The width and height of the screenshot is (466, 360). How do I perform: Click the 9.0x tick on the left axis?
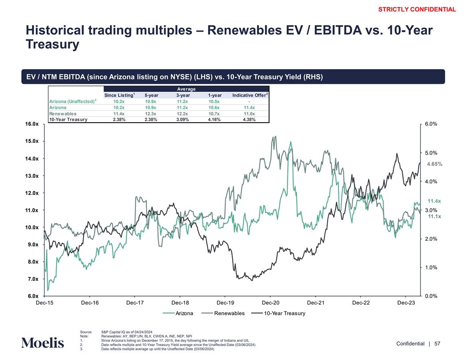point(33,244)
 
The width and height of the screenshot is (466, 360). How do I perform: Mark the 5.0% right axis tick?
point(431,153)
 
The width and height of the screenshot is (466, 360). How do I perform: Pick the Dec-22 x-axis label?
point(361,303)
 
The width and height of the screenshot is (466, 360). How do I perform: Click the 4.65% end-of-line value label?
point(434,164)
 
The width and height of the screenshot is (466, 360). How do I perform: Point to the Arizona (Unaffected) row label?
point(72,101)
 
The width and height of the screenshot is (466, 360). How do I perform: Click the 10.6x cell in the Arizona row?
point(215,107)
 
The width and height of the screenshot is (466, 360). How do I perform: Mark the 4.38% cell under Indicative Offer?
point(249,119)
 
